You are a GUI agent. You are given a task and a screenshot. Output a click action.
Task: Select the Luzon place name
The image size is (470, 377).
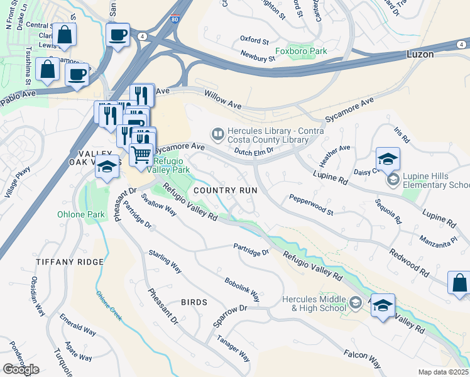point(420,55)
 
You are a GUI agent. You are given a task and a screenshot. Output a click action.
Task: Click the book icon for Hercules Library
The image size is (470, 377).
point(217,133)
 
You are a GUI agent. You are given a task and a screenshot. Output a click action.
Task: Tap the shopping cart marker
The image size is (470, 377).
point(142,153)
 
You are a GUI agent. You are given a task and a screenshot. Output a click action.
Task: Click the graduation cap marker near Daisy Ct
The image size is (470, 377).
point(388,158)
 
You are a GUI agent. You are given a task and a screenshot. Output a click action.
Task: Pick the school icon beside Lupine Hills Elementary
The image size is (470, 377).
point(393,180)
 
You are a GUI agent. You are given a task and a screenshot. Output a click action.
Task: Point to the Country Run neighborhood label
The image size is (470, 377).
point(224,190)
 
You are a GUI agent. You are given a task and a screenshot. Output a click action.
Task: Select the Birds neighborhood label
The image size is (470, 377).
point(194,302)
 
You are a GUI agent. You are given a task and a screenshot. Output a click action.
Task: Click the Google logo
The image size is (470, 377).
point(21,369)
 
